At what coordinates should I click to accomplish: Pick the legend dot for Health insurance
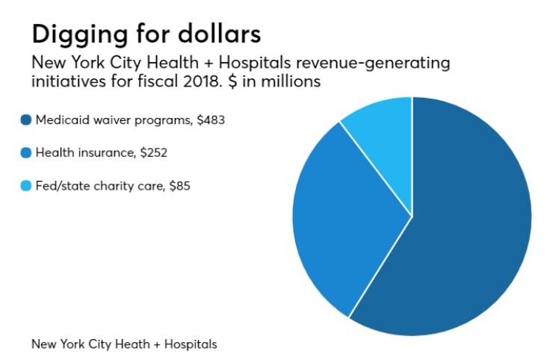pos(27,152)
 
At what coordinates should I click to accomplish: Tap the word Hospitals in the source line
pos(191,344)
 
